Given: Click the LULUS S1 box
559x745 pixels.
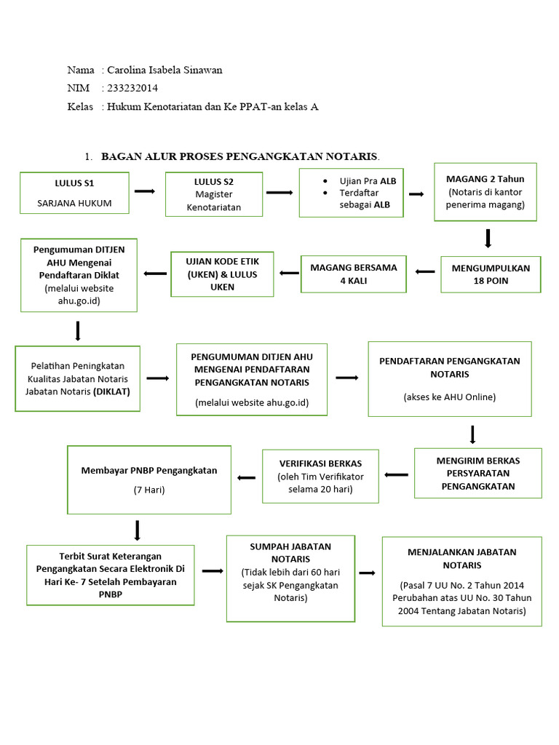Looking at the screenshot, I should click(74, 192).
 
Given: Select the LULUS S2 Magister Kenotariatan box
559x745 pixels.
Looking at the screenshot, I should click(213, 194).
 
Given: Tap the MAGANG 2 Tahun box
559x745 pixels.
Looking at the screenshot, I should click(486, 191).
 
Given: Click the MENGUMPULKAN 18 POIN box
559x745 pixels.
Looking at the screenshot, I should click(491, 274).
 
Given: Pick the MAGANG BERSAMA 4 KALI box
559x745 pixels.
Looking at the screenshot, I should click(354, 273).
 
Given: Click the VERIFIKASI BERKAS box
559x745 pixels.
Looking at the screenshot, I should click(320, 476).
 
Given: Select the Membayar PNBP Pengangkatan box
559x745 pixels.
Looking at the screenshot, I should click(149, 479).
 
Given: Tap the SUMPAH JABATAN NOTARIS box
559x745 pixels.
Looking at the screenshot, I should click(290, 578).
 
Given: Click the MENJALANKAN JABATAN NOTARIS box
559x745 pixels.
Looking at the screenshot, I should click(461, 581).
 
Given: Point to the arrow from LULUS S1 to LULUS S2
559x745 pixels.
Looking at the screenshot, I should click(145, 191).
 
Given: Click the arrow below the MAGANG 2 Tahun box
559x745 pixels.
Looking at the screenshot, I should click(488, 238).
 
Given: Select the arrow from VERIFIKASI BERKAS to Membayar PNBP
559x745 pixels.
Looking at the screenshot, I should click(247, 477).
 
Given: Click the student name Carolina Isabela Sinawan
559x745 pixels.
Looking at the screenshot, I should click(164, 70).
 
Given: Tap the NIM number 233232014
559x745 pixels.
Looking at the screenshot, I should click(132, 88).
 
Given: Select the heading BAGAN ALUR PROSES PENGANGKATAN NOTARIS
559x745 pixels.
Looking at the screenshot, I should click(240, 156).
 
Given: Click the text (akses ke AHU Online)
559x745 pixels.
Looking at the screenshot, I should click(449, 397).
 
